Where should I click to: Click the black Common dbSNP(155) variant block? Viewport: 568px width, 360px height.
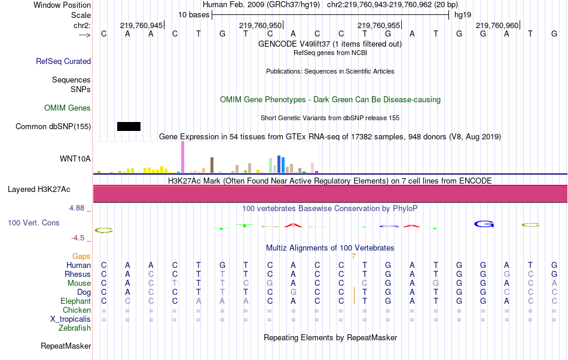tap(129, 126)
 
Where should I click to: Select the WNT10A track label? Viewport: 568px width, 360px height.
tap(75, 158)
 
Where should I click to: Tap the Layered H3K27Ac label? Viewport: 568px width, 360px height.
tap(39, 190)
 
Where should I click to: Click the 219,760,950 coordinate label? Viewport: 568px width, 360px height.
tap(260, 25)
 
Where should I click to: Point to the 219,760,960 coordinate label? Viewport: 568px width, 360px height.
tap(497, 25)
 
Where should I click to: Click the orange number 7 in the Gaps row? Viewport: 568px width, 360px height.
tap(354, 257)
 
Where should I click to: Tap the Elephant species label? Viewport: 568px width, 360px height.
tap(75, 301)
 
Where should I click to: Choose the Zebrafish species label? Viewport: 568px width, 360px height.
tap(75, 328)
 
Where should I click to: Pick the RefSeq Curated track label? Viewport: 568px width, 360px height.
tap(63, 61)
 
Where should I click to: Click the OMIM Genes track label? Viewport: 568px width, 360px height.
tap(68, 108)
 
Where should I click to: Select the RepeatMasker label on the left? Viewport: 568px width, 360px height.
tap(66, 346)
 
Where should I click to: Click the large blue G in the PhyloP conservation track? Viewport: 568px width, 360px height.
tap(484, 224)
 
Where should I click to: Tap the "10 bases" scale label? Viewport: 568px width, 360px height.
tap(193, 14)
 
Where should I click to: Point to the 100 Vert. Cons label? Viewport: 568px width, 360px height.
tap(33, 222)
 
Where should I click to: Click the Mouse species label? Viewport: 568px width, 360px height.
tap(79, 283)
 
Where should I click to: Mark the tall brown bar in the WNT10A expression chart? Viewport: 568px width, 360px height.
tap(212, 165)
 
